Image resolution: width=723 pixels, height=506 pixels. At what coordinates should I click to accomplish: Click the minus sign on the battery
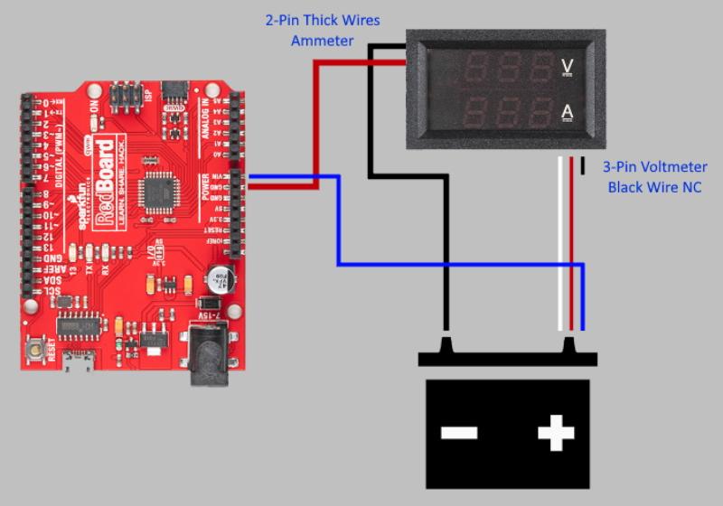[x=459, y=433]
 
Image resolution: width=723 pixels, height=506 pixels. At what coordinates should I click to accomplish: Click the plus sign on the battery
[x=556, y=433]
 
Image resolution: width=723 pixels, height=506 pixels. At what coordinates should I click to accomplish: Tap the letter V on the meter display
[x=568, y=65]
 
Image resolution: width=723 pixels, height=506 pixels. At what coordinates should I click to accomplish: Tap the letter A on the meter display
[x=568, y=112]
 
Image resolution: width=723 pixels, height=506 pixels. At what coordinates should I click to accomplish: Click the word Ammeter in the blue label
[x=322, y=41]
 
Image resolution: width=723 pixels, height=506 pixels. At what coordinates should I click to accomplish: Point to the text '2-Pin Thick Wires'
[x=322, y=20]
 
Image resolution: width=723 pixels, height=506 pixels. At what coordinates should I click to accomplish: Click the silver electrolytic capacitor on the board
[x=219, y=277]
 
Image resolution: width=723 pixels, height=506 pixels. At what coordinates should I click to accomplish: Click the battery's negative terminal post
[x=446, y=346]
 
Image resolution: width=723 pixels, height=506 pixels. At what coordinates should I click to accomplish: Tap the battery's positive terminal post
[x=571, y=346]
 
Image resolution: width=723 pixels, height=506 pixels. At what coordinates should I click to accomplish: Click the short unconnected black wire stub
[x=582, y=165]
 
